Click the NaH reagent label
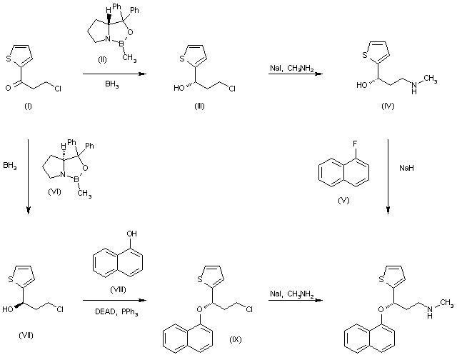click(x=405, y=169)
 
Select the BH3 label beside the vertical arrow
click(x=10, y=165)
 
